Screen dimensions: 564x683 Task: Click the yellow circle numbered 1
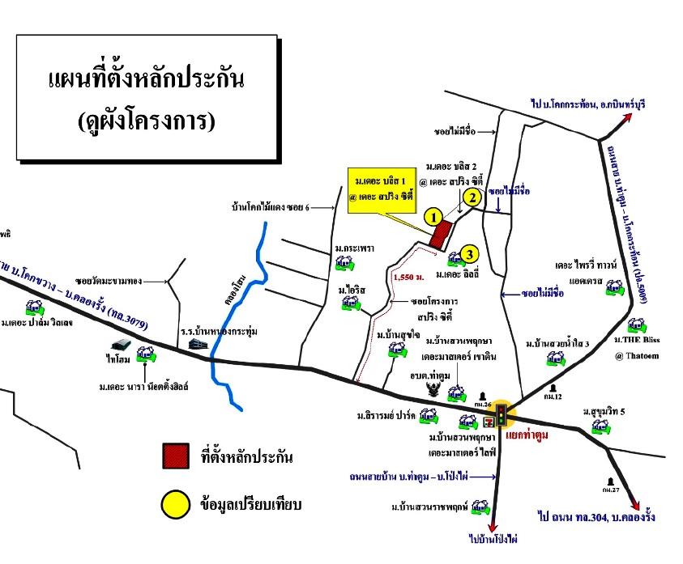(x=434, y=216)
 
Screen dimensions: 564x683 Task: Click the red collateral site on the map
(x=440, y=235)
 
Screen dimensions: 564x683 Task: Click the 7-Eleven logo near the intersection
(x=489, y=421)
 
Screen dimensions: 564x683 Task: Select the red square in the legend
(x=176, y=457)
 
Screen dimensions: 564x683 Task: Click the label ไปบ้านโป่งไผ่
(x=493, y=537)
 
